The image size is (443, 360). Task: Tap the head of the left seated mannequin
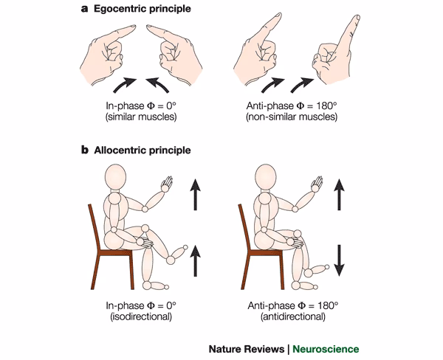click(117, 178)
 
